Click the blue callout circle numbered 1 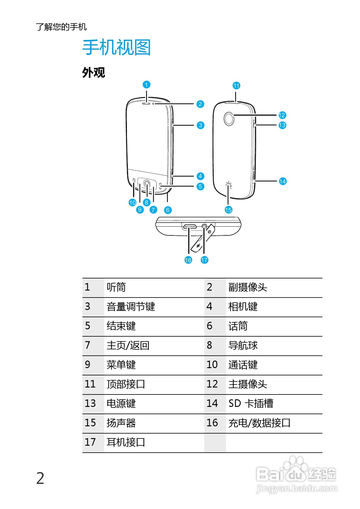[146, 85]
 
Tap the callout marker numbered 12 [282, 115]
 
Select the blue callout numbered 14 [282, 181]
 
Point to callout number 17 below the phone [204, 260]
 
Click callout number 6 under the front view [168, 210]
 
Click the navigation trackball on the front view [147, 183]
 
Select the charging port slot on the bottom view [189, 226]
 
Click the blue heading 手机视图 [116, 48]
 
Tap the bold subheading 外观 [94, 73]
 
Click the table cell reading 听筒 [116, 287]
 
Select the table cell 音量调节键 [131, 307]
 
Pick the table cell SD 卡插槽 [251, 404]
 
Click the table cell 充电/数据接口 [259, 423]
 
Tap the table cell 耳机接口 [126, 442]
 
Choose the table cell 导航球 [243, 345]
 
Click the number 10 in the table [212, 365]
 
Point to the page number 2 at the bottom [40, 479]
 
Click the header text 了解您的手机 [61, 27]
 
